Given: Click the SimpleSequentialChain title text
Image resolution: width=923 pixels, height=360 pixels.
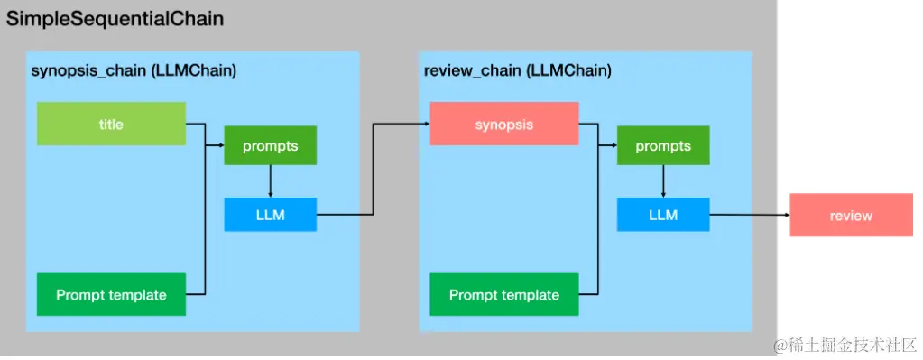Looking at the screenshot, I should (x=115, y=18).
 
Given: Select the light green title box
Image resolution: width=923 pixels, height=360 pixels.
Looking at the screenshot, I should (x=111, y=124).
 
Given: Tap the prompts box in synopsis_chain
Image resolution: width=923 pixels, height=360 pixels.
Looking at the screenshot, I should (x=270, y=146).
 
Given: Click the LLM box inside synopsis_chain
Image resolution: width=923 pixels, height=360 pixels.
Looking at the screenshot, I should (x=270, y=215).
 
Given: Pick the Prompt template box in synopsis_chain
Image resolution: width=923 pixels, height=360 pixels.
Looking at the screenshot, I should (x=111, y=294).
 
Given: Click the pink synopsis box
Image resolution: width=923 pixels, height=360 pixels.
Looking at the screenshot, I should (x=503, y=124).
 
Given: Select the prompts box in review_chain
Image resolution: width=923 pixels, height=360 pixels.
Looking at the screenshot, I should (x=663, y=146).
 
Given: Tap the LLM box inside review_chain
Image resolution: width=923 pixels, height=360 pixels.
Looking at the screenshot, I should (x=663, y=215).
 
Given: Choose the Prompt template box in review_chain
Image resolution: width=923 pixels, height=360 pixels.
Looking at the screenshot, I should (x=503, y=294).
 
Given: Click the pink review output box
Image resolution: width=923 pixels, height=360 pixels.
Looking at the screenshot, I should (x=851, y=216).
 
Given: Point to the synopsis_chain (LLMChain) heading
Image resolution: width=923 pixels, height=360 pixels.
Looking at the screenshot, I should (x=134, y=71).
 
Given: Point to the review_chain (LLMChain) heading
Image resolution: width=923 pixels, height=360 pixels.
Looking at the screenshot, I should (x=517, y=71).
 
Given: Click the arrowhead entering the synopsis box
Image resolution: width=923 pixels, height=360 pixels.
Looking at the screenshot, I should (x=425, y=125).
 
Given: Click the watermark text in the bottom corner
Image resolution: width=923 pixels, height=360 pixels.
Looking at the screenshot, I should (x=844, y=346).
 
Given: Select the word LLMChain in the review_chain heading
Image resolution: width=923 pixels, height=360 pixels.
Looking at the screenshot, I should (x=568, y=71).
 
